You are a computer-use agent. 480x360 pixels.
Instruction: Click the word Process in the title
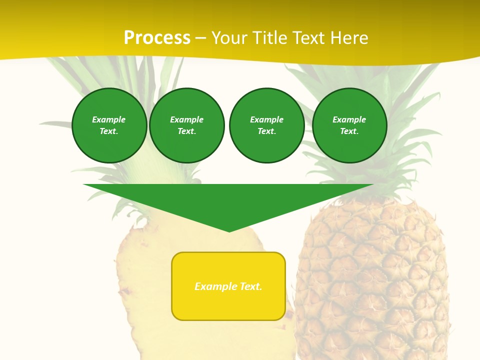pos(157,38)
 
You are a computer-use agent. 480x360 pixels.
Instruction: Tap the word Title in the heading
pos(269,38)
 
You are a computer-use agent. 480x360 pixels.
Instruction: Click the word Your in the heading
pos(229,38)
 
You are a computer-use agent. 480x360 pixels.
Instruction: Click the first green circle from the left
pos(109,125)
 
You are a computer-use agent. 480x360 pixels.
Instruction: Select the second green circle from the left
pos(187,125)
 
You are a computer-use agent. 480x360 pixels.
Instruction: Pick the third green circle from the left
pos(267,125)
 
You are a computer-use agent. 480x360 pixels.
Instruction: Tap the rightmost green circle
pos(349,125)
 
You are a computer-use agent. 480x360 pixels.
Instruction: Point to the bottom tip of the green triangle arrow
pos(229,231)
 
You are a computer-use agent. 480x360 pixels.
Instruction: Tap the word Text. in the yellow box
pos(251,286)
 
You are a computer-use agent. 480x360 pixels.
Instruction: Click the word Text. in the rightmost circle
pos(349,131)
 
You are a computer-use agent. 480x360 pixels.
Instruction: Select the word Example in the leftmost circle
pos(109,119)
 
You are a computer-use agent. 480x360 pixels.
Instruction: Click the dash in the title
pos(201,38)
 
